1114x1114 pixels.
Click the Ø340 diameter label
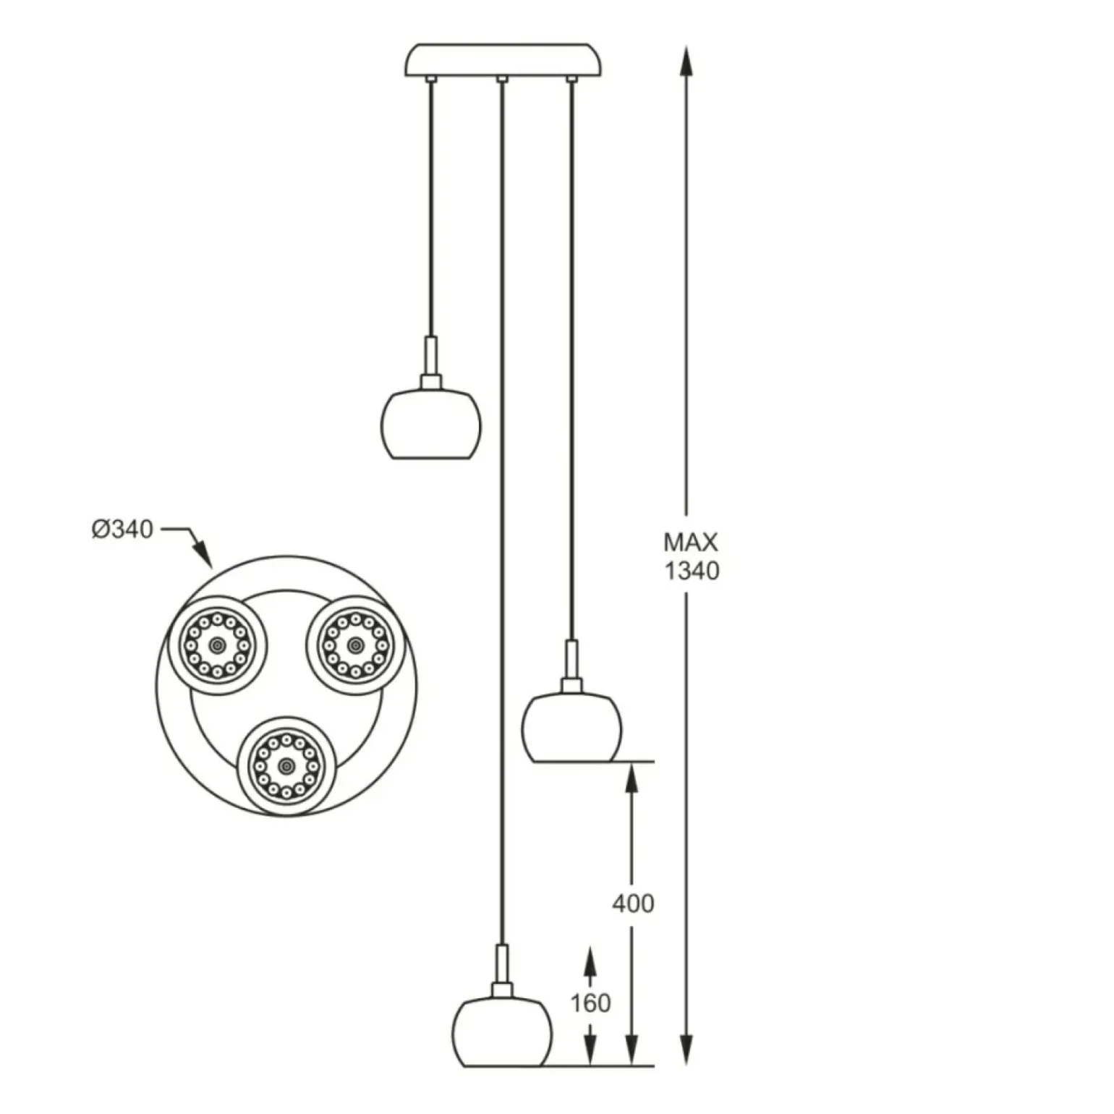pyautogui.click(x=122, y=530)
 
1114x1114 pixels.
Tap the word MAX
pyautogui.click(x=691, y=543)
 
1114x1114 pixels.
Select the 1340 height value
pyautogui.click(x=692, y=571)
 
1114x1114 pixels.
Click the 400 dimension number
pyautogui.click(x=633, y=903)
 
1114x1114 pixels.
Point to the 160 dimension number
pyautogui.click(x=590, y=1003)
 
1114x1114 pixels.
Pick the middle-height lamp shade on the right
pyautogui.click(x=571, y=728)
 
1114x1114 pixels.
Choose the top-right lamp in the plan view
pyautogui.click(x=354, y=645)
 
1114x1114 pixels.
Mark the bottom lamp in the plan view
pyautogui.click(x=286, y=766)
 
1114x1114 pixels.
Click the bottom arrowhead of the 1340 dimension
pyautogui.click(x=686, y=1053)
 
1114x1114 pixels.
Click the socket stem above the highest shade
pyautogui.click(x=430, y=357)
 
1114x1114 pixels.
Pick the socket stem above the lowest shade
pyautogui.click(x=501, y=965)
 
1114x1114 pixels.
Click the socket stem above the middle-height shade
pyautogui.click(x=571, y=660)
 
